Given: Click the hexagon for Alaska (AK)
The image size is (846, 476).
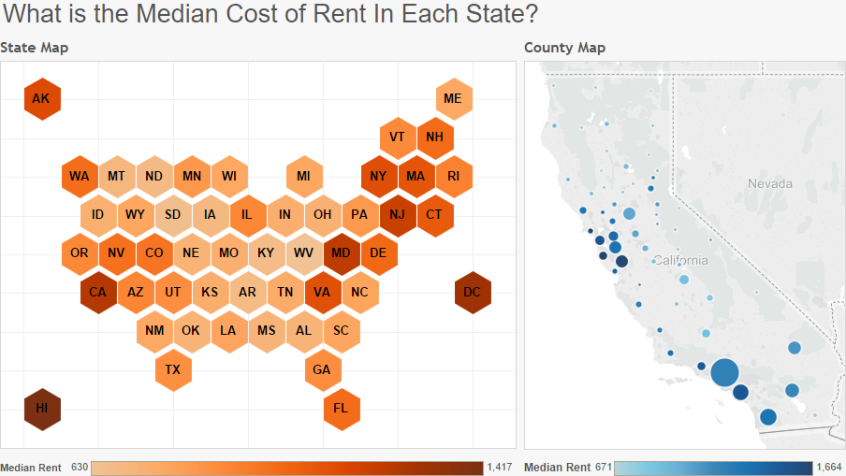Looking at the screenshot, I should coord(41,99).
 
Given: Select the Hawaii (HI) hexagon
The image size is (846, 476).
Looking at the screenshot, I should coord(41,409).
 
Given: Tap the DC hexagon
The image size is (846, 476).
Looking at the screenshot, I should coord(472,293).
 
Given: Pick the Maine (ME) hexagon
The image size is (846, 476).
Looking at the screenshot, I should coord(453,99).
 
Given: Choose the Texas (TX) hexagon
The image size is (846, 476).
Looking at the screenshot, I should coord(172,370).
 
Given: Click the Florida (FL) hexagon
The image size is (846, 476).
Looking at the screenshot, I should coord(341,409).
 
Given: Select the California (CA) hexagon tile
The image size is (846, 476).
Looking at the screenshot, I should coord(97,293).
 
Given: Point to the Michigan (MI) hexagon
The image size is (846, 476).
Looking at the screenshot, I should coord(303,176).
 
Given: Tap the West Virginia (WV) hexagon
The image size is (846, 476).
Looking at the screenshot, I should coord(303,253).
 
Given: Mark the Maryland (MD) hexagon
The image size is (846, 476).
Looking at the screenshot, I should coord(341,253).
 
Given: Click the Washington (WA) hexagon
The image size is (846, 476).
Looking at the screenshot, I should coord(79,176).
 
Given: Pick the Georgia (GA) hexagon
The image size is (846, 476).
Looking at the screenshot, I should coord(322,370).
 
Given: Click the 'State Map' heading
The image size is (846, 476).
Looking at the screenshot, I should coord(35,48).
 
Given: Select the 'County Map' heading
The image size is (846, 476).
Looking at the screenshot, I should coord(564,48).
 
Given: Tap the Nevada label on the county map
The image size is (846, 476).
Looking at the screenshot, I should coord(769,183).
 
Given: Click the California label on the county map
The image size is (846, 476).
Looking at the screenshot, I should coord(680,260).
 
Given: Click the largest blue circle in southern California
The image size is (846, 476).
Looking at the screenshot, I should coord(725,372).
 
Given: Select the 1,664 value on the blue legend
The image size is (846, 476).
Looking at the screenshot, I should coord(828,467).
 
